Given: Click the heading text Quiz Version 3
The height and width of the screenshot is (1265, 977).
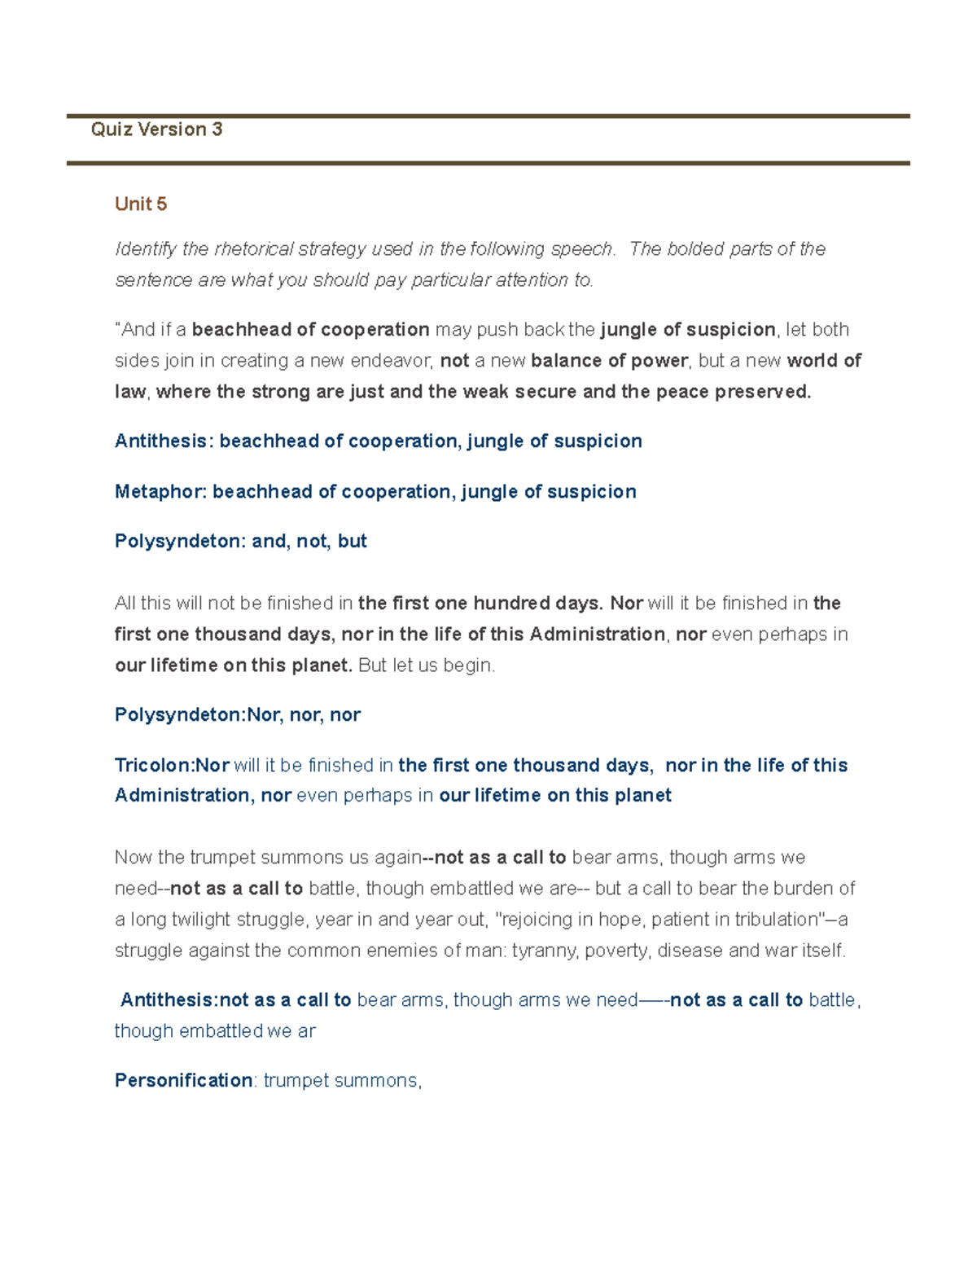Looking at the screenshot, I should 156,130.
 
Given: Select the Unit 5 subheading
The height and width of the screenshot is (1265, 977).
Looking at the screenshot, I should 141,204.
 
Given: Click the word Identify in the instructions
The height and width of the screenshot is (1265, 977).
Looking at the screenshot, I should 145,249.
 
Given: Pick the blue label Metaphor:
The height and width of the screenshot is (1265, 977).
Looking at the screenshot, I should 161,492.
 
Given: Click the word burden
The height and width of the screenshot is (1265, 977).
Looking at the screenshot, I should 802,889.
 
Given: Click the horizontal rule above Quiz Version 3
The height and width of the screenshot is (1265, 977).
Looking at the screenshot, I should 488,116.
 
